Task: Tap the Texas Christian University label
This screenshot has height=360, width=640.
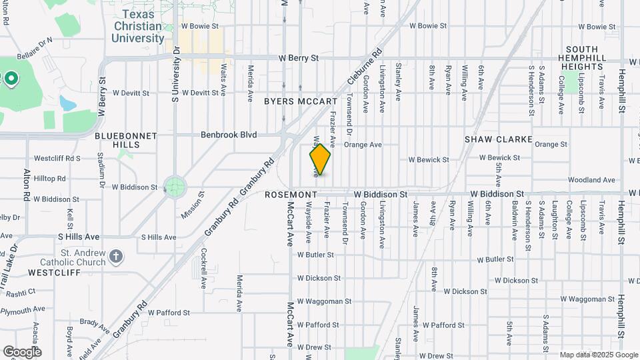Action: (137, 27)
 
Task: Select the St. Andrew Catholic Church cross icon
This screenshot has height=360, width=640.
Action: (116, 257)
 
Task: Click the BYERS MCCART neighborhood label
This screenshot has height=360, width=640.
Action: (301, 101)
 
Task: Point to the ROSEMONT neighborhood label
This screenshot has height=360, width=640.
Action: (290, 195)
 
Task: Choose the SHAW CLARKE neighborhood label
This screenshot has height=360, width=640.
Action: (499, 139)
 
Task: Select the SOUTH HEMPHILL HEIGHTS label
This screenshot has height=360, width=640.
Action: (582, 58)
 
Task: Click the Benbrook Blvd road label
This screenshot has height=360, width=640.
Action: (229, 135)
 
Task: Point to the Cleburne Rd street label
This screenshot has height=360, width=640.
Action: (364, 69)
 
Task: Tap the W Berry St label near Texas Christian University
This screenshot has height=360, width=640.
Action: (299, 58)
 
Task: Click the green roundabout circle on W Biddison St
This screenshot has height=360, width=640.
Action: (175, 187)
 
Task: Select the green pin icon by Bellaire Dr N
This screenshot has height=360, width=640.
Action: (11, 80)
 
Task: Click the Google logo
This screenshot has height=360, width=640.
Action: (22, 351)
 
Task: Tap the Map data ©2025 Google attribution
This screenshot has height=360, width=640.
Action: (598, 355)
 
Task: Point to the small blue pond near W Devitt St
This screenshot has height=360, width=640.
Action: (67, 103)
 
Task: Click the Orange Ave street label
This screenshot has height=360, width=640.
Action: (363, 144)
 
